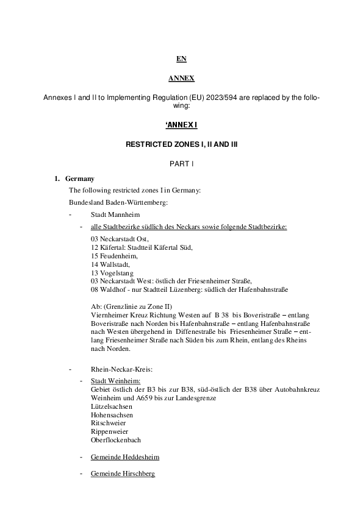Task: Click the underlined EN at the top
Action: click(181, 59)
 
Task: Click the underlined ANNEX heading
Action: click(181, 79)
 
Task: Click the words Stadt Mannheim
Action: click(115, 215)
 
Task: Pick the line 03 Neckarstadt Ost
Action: click(119, 239)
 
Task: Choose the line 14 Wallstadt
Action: click(110, 264)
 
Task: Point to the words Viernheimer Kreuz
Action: click(117, 314)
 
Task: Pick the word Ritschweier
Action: click(108, 423)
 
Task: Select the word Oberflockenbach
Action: click(116, 440)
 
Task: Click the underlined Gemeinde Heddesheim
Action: click(124, 457)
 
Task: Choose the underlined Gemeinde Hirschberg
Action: click(123, 473)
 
